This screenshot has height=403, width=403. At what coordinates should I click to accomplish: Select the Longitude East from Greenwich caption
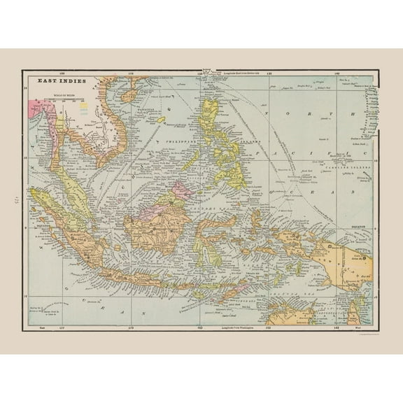pos(242,73)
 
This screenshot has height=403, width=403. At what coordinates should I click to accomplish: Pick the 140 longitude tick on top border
pos(337,72)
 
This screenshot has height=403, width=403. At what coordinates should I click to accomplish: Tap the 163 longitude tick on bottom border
pos(201,327)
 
